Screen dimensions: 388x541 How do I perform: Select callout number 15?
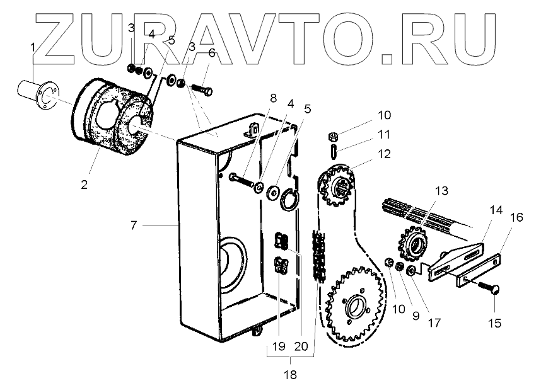pos(495,323)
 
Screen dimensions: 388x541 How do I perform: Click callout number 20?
pos(301,346)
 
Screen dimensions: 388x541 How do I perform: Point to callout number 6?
pos(211,54)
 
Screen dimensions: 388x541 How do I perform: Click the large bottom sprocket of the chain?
pos(353,302)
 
